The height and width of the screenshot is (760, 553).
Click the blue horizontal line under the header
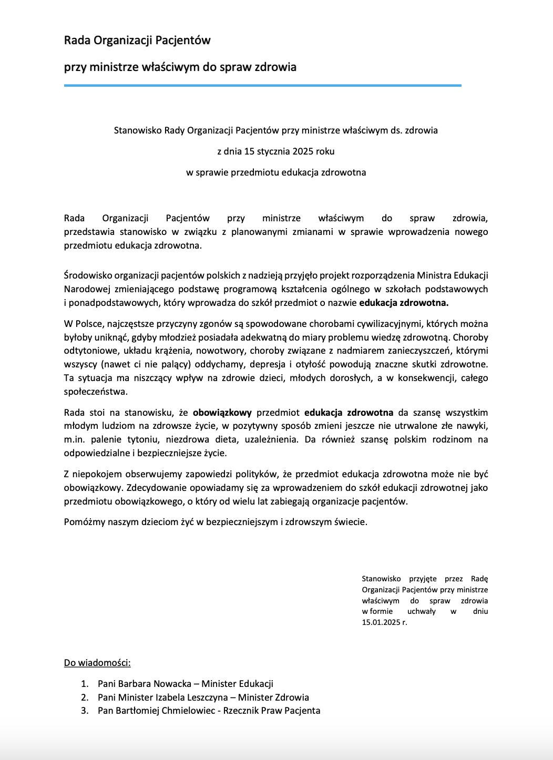[x=262, y=85]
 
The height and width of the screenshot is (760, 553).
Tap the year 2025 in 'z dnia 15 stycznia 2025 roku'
[x=303, y=151]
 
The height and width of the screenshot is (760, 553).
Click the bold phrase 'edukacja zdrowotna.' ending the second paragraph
[x=404, y=303]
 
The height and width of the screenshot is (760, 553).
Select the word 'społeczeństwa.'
[x=96, y=392]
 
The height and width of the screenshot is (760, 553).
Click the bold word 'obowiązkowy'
[x=222, y=413]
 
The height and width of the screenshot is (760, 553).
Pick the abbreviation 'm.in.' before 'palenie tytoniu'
[x=74, y=439]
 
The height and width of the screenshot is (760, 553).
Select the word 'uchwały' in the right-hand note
[x=421, y=611]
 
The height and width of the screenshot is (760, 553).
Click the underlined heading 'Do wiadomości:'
[x=97, y=663]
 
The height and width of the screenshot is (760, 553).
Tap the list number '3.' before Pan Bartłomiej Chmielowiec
[x=85, y=711]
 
